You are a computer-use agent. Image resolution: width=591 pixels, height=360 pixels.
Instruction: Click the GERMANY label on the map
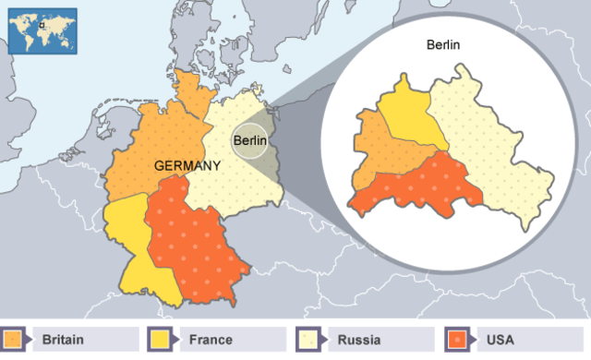tap(187, 166)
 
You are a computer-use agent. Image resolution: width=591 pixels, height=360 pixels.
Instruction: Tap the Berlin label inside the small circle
tap(249, 140)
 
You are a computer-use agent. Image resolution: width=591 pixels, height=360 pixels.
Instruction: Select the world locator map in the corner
tap(41, 30)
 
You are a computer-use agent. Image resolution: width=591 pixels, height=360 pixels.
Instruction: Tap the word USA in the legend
tap(499, 340)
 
